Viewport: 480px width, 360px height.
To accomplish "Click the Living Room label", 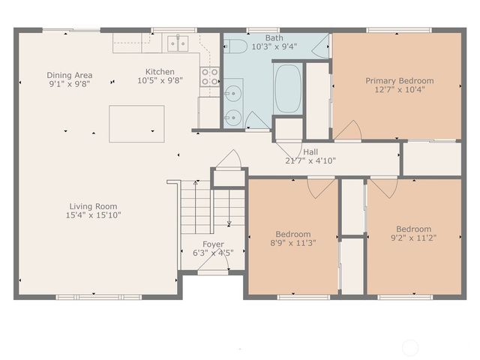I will point(94,206).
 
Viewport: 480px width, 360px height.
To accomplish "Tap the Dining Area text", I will point(69,75).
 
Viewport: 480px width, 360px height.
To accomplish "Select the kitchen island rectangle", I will point(136,123).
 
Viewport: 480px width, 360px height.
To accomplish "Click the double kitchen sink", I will point(178,43).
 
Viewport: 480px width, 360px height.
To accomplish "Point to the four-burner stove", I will point(209,75).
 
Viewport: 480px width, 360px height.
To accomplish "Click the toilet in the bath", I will point(235,46).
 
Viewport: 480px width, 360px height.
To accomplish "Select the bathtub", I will point(287,88).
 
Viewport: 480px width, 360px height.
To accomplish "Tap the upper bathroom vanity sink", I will point(232,94).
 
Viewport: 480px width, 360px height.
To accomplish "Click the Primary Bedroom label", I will point(399,81).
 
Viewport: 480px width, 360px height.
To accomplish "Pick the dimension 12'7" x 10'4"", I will point(399,90).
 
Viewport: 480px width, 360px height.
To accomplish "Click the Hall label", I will point(310,151).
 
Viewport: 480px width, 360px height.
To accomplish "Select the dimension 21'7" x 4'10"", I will point(310,160).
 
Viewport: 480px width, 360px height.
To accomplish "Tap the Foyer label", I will point(213,244).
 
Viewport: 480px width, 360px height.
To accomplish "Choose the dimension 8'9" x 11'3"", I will point(292,243).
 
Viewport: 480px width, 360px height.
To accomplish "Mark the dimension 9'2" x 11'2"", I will point(413,238).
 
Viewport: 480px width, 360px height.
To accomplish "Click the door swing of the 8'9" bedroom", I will point(316,187).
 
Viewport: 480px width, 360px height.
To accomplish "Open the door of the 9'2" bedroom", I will point(385,186).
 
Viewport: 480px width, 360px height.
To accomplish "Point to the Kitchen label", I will point(159,72).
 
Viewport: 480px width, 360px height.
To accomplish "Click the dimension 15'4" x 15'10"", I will point(94,215).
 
